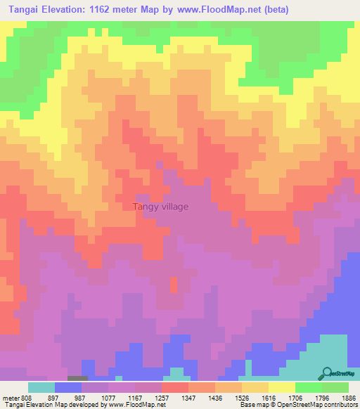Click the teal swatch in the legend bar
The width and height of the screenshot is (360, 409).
pos(41,387)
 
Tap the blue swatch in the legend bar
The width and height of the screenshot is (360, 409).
pos(67,387)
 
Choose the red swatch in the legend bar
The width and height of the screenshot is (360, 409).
pos(174,387)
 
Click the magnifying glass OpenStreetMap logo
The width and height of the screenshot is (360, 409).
pos(328,373)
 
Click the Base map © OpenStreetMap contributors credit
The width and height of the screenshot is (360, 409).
pos(297,405)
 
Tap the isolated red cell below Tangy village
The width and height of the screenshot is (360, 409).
pos(173,285)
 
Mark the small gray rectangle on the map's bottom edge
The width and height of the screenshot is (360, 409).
pos(78,379)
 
